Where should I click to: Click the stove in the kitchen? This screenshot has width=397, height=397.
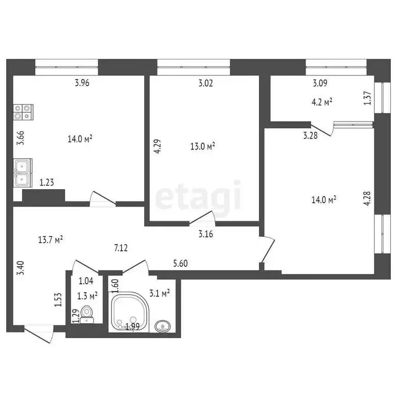[x=24, y=112]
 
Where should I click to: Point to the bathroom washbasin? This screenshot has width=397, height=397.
[x=164, y=326]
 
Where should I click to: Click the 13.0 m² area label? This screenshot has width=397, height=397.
[x=203, y=146]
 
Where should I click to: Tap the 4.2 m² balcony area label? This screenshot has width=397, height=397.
[x=322, y=101]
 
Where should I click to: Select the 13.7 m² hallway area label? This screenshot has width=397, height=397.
[x=51, y=239]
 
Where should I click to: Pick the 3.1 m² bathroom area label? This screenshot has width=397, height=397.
[x=159, y=294]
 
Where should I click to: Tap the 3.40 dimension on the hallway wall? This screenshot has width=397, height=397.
[x=20, y=270]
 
